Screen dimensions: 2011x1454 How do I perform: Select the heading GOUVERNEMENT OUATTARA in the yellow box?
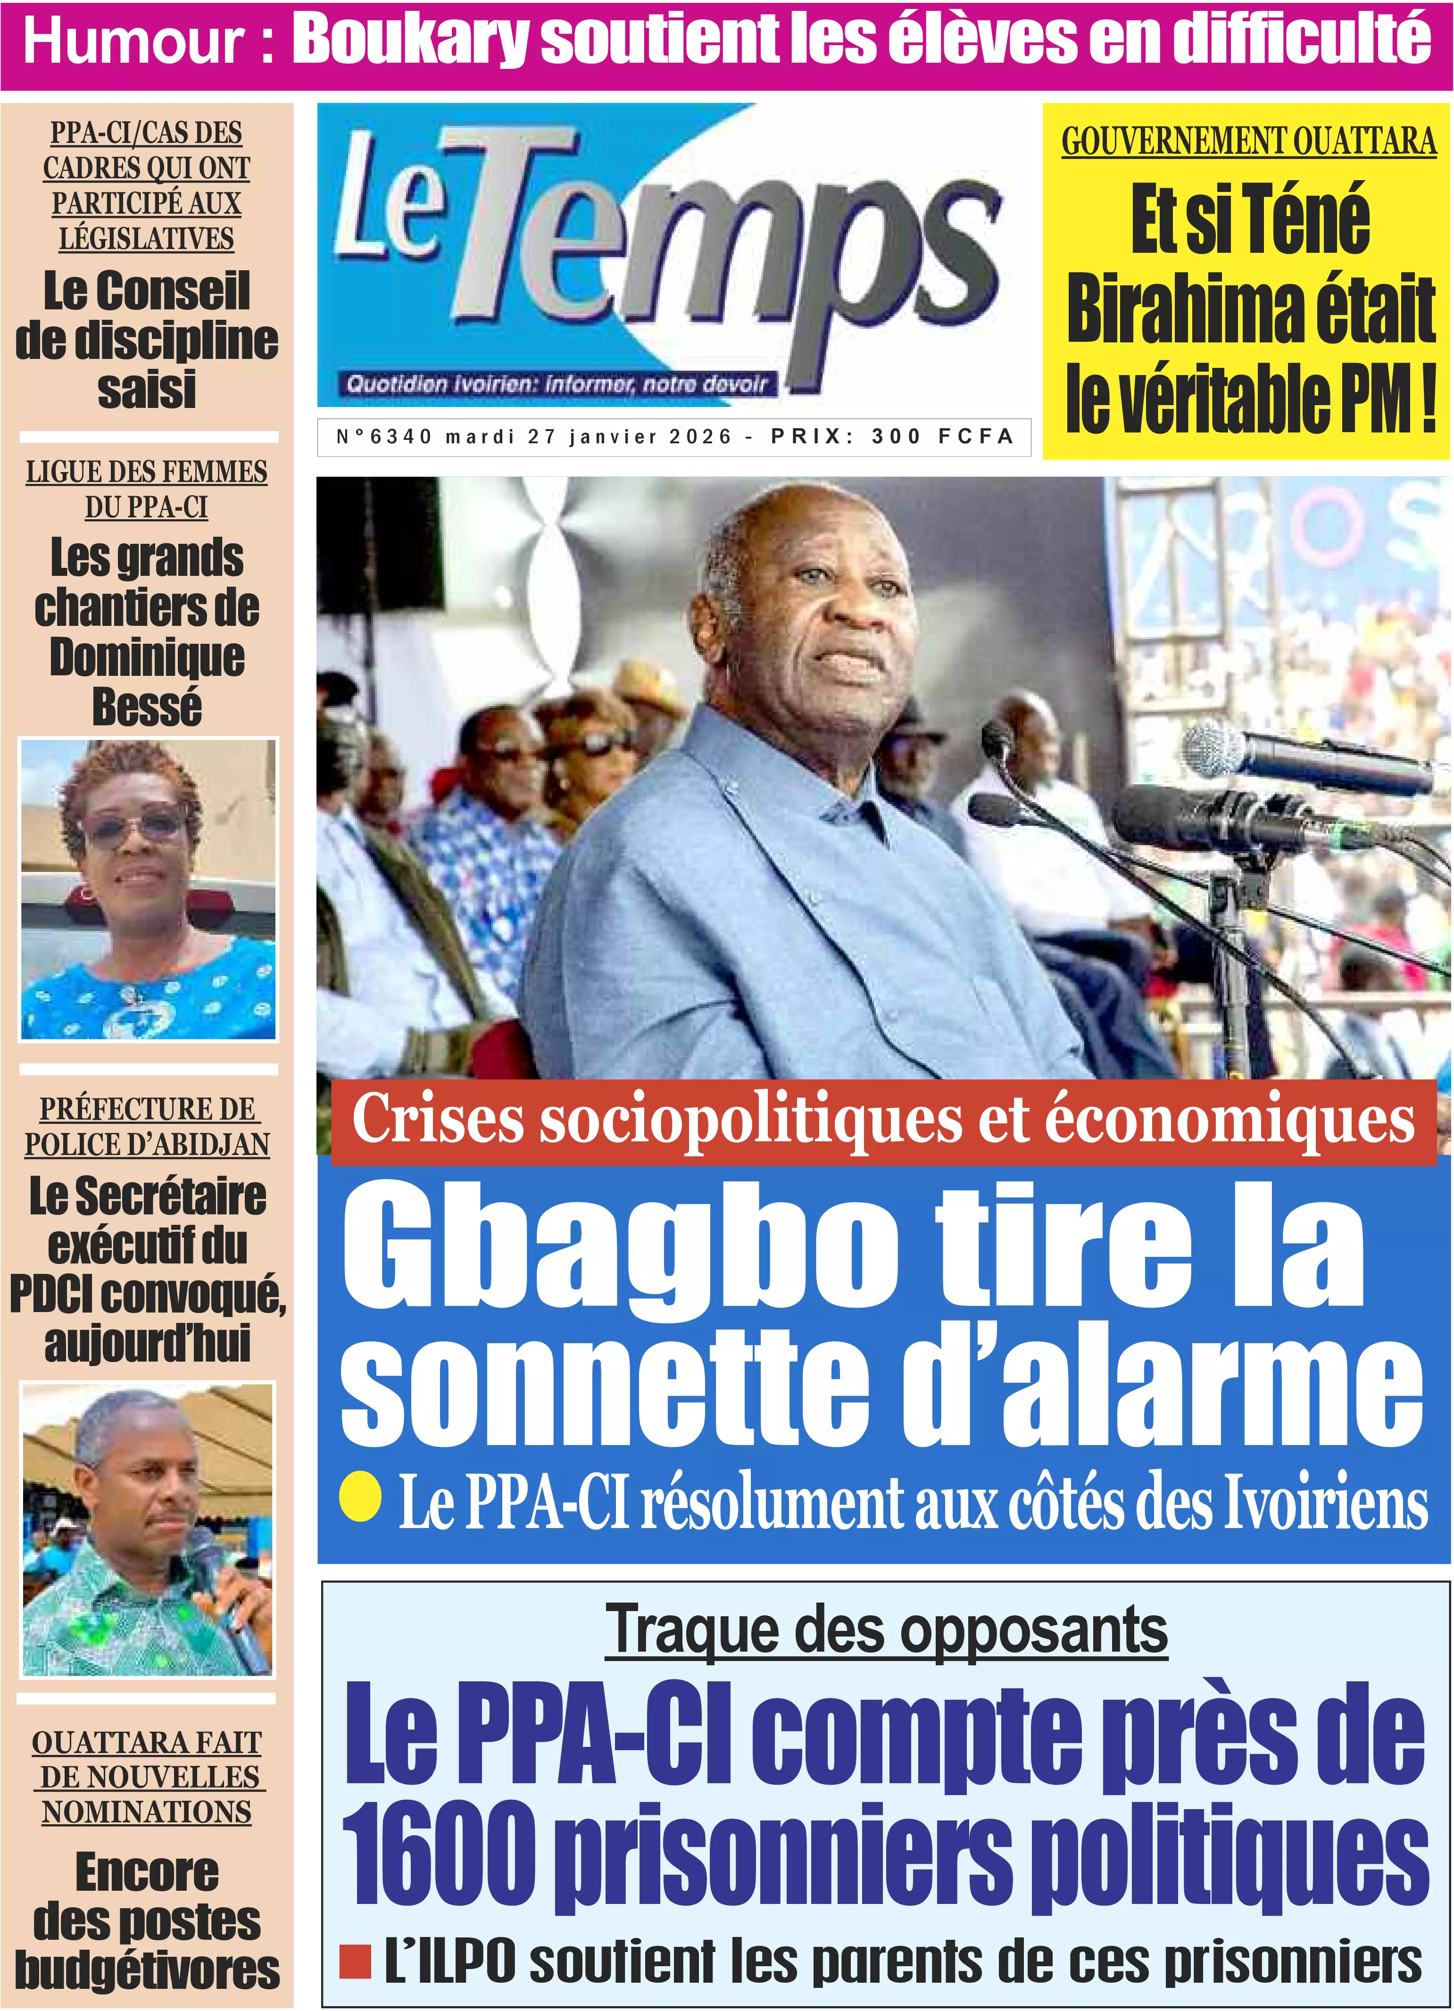coord(1248,142)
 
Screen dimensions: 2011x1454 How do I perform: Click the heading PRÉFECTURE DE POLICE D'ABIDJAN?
coord(147,1126)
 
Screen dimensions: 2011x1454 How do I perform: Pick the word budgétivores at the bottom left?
coord(147,1970)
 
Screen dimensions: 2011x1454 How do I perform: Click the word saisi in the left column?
coord(147,390)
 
